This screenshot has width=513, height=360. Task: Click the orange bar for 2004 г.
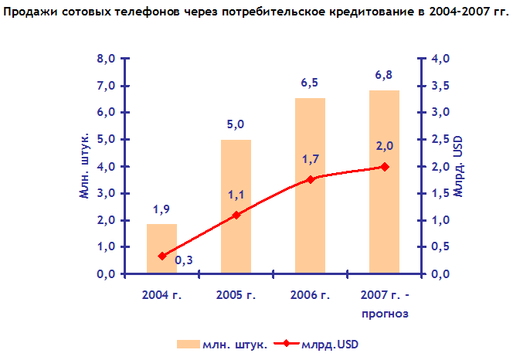(x=162, y=249)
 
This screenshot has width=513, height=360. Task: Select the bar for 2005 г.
(x=236, y=206)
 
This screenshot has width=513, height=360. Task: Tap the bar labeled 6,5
(x=311, y=185)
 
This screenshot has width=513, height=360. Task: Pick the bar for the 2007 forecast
(x=385, y=182)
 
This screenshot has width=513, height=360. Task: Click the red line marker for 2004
(x=162, y=256)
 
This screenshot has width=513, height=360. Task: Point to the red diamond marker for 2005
(x=236, y=215)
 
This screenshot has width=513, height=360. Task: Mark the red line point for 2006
(x=311, y=179)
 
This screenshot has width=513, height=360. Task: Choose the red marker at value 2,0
(x=385, y=167)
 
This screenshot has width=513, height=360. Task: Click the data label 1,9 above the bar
(x=162, y=209)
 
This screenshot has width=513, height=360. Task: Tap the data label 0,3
(x=184, y=260)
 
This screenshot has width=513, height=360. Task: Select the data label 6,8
(x=385, y=75)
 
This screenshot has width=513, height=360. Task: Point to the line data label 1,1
(x=236, y=195)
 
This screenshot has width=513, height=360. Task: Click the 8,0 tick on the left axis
(x=106, y=59)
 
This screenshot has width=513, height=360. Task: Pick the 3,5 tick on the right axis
(x=438, y=86)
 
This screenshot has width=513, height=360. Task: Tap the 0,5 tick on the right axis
(x=438, y=247)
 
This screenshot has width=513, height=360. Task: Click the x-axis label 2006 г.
(x=311, y=295)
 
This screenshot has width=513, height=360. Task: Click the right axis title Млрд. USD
(x=459, y=165)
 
